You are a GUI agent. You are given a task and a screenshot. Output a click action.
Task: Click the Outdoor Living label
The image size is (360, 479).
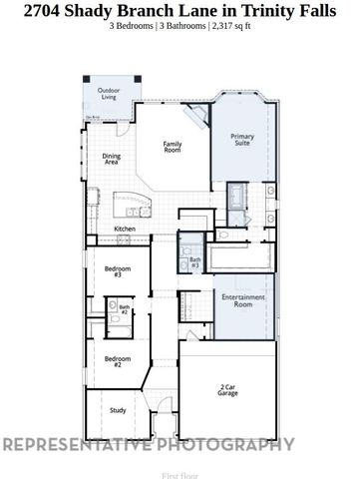[107, 95]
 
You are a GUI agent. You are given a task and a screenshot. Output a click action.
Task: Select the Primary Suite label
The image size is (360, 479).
[242, 139]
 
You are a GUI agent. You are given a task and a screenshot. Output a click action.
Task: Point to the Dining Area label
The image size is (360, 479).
[112, 158]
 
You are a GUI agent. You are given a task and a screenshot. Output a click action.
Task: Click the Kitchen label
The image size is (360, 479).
[125, 229]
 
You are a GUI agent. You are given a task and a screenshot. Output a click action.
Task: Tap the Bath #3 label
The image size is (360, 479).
[195, 261]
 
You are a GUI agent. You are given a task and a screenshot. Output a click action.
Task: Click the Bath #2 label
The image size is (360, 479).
[125, 310]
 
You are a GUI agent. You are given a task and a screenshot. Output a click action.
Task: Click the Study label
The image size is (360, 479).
[117, 409]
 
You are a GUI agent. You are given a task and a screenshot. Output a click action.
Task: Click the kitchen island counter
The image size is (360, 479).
[131, 200]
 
